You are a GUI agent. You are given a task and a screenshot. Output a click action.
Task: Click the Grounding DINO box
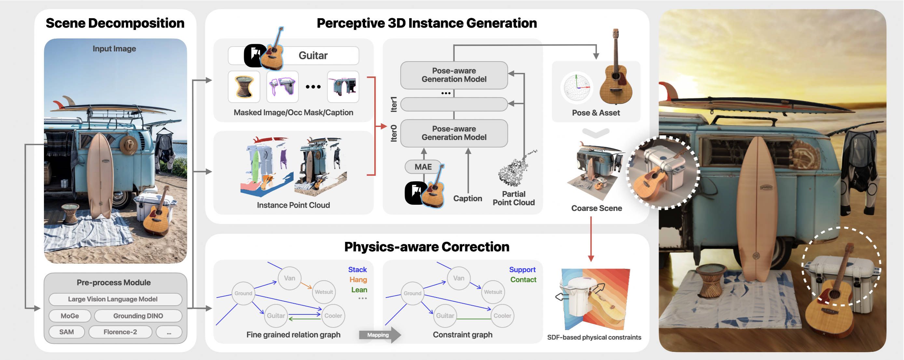point(138,316)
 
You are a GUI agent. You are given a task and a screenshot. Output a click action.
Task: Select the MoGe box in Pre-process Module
point(70,316)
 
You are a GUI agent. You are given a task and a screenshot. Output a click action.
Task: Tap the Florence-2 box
point(120,332)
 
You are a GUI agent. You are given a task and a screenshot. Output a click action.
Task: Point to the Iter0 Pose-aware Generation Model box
point(454,133)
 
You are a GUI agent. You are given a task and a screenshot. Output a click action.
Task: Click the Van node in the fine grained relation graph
point(289,278)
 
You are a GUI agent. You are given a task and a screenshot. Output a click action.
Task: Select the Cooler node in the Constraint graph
point(502,316)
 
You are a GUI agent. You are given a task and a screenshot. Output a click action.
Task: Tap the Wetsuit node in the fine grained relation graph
point(323,292)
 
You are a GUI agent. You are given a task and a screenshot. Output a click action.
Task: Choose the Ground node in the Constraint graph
point(412,293)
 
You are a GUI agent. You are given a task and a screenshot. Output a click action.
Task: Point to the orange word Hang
point(358,280)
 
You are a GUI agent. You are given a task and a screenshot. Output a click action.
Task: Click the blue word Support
point(522,270)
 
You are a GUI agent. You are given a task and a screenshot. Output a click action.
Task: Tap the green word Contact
point(523,280)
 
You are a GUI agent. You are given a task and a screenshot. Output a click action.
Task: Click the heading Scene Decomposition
point(115,23)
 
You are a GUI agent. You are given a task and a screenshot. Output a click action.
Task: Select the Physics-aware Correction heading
point(426,247)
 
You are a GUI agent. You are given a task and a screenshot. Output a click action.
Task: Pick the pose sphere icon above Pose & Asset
point(577,88)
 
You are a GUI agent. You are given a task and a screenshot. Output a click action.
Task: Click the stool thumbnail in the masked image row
point(244,87)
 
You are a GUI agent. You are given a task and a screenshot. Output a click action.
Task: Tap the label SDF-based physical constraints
point(594,337)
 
